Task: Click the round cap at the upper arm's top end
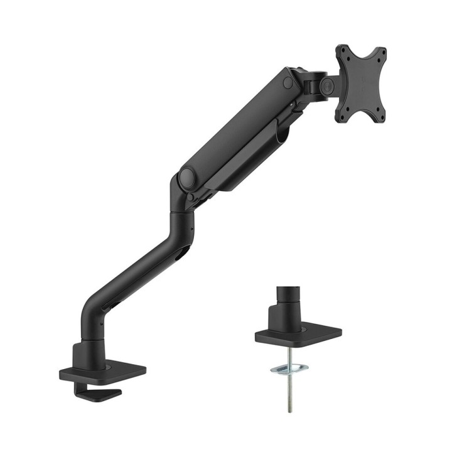point(288,82)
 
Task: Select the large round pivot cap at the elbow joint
point(186,178)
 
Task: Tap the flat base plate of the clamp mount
point(104,371)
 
